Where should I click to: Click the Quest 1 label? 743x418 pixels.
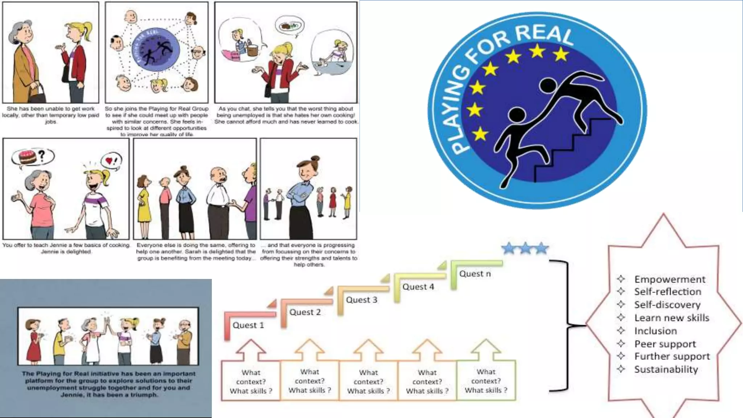pyautogui.click(x=248, y=325)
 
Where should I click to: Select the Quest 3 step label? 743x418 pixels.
pyautogui.click(x=361, y=300)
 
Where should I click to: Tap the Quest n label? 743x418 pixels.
pyautogui.click(x=475, y=274)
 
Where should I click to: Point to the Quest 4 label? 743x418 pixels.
pyautogui.click(x=418, y=287)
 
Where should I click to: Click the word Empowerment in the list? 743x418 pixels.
pyautogui.click(x=670, y=279)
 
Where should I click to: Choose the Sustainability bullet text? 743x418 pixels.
pyautogui.click(x=666, y=369)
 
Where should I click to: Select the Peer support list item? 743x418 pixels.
pyautogui.click(x=665, y=344)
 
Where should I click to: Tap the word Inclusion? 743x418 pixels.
pyautogui.click(x=656, y=331)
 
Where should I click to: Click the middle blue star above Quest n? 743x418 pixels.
pyautogui.click(x=525, y=248)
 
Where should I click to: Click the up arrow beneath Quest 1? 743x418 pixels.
pyautogui.click(x=251, y=350)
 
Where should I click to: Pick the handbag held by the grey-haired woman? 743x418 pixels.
pyautogui.click(x=38, y=95)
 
